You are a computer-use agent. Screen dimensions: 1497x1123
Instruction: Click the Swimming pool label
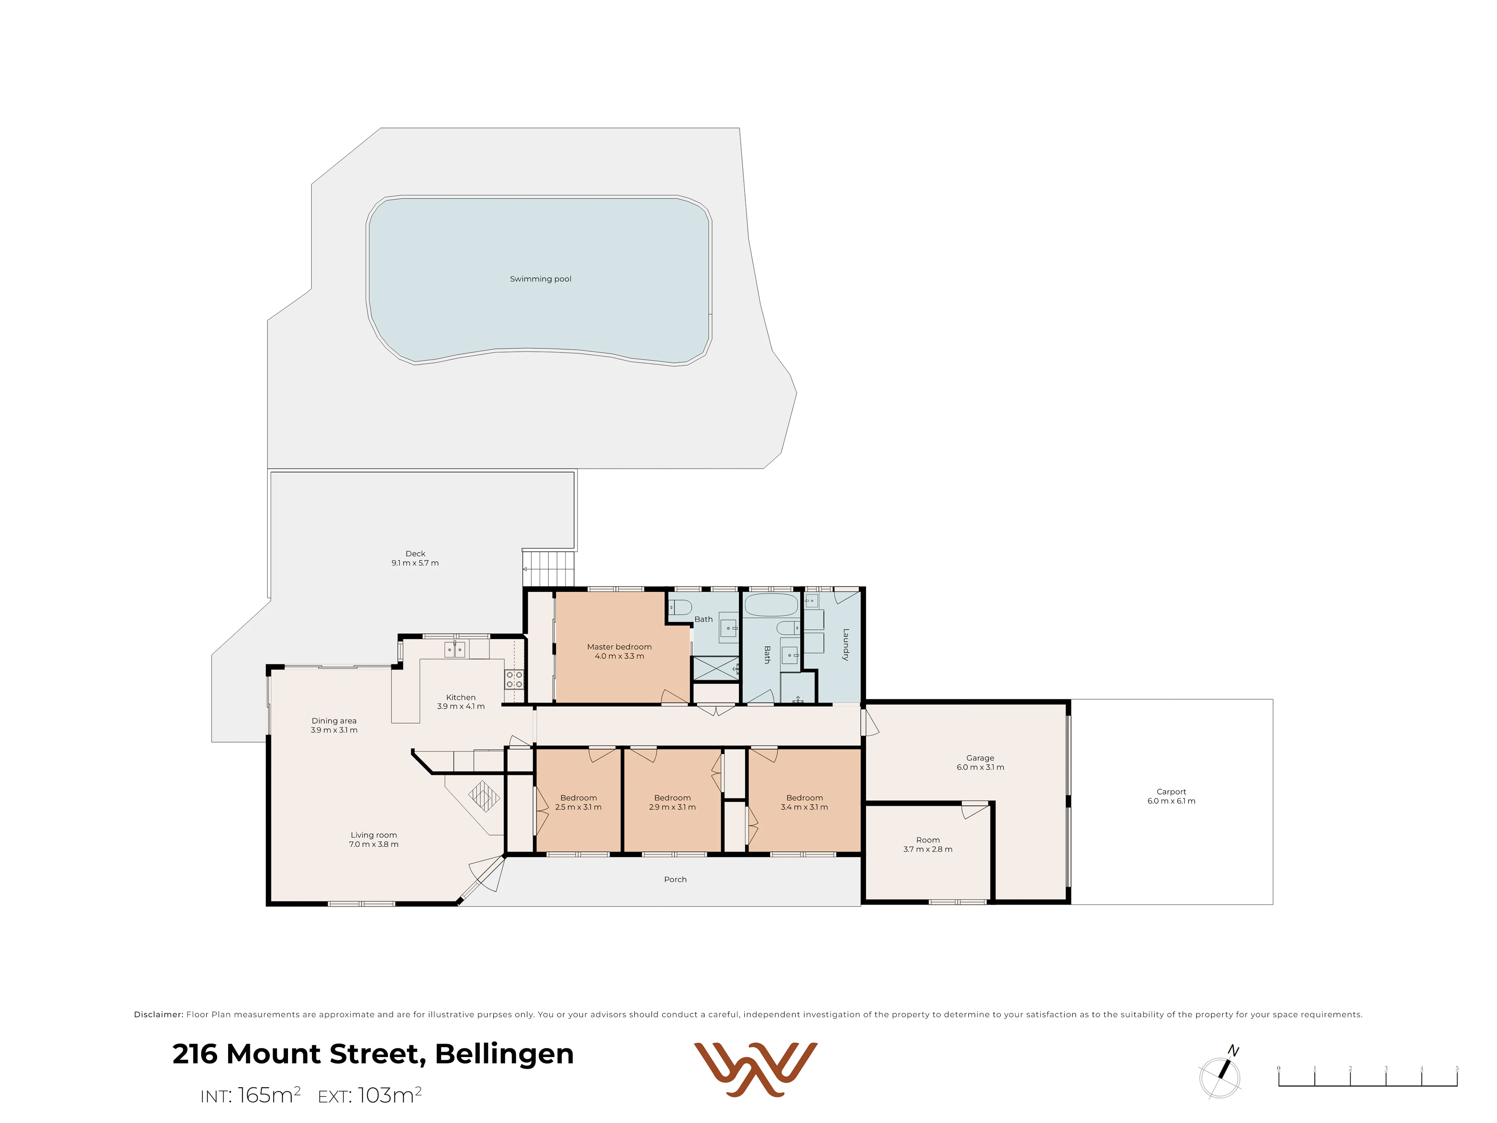540,279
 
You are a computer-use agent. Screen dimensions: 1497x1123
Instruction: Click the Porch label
675,879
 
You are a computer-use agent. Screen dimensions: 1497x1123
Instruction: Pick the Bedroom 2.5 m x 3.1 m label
579,803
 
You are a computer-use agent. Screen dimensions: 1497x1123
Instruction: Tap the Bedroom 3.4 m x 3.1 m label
805,803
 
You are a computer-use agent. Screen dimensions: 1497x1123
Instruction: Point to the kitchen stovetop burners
514,680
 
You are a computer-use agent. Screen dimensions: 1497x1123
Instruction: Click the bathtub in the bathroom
771,605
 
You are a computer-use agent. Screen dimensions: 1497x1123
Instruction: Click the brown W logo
756,1069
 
